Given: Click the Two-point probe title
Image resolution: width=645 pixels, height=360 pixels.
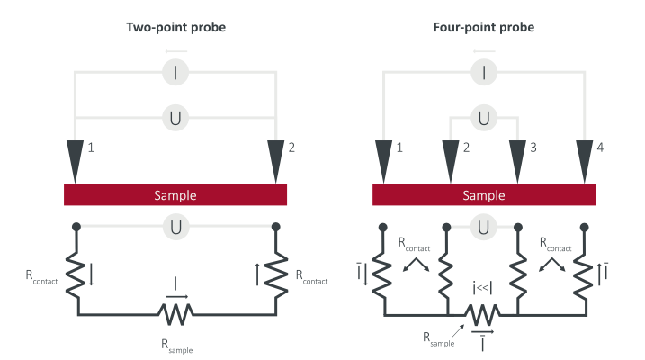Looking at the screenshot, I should click(x=175, y=28).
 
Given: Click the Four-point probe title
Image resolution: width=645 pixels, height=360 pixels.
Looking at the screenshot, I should click(x=484, y=28).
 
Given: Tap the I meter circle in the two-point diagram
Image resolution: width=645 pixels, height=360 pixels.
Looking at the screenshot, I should click(x=175, y=73).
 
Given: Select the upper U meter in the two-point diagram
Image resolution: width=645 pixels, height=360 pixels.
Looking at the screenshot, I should click(x=175, y=118).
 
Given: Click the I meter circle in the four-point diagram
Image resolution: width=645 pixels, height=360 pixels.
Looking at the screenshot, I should click(x=484, y=73).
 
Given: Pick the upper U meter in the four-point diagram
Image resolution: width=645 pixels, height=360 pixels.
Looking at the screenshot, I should click(x=484, y=118).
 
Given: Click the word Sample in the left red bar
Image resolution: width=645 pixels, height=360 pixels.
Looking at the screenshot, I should click(x=175, y=195).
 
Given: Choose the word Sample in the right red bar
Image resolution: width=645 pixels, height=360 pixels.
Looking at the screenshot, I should click(x=484, y=195).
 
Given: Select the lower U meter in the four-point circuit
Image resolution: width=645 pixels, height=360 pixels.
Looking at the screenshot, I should click(x=484, y=227).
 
